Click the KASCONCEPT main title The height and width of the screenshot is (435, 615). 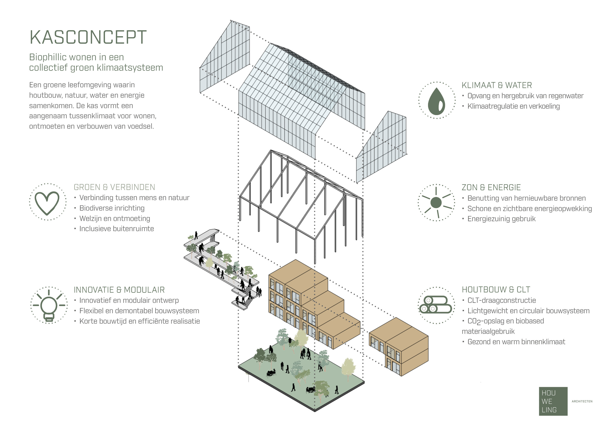88,37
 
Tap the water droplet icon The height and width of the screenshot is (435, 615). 436,101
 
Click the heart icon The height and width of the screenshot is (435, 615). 47,203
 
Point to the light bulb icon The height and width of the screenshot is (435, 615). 49,306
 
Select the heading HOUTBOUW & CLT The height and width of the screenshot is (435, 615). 496,290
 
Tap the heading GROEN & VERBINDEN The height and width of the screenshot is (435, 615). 114,187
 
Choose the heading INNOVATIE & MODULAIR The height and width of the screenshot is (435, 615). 119,290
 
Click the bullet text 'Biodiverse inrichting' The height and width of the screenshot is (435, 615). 112,208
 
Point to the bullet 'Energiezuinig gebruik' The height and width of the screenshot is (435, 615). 501,219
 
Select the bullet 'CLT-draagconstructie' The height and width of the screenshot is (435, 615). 502,300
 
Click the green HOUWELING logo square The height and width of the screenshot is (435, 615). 553,401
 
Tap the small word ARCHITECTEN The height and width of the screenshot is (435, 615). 582,401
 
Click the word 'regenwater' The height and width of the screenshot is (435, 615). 565,96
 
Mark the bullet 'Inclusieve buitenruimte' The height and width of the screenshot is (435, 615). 117,229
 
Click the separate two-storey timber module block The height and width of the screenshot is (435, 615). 399,347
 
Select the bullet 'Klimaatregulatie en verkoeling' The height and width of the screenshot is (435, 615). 514,106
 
